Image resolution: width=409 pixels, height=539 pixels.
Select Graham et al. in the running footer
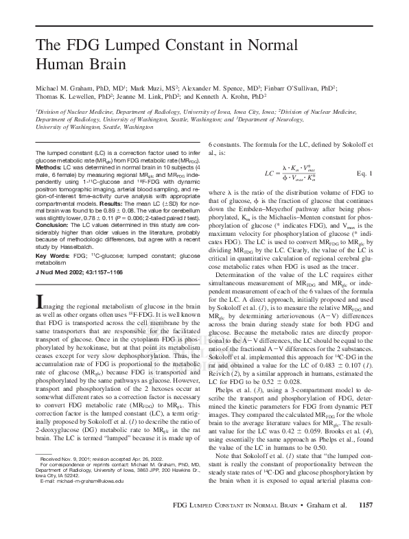328,525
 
